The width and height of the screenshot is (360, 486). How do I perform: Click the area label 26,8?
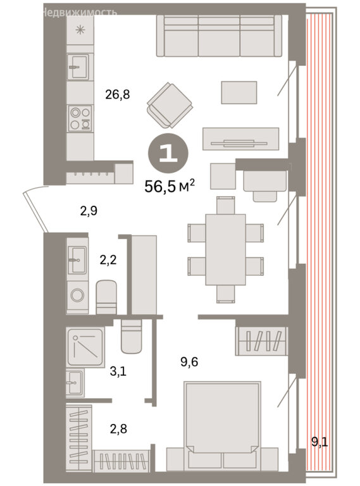(118, 94)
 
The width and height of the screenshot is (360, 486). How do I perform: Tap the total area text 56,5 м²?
(170, 187)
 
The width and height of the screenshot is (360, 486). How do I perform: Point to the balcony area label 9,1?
(320, 442)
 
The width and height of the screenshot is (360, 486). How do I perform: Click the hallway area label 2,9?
(89, 211)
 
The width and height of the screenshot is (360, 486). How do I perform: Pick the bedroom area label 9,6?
(189, 361)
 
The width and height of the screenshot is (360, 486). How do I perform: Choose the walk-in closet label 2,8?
(118, 429)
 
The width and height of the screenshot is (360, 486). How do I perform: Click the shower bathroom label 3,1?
(118, 371)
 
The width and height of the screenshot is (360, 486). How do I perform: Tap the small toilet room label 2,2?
(108, 259)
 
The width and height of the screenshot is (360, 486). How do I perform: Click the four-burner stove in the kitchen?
(80, 118)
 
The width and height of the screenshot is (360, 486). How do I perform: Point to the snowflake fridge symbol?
(80, 30)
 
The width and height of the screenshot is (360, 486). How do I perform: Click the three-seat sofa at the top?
(219, 35)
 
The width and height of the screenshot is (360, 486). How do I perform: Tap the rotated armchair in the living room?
(170, 106)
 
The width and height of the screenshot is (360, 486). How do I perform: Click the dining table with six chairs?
(225, 249)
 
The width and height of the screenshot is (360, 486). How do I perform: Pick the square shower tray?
(85, 347)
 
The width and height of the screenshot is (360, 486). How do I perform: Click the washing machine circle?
(77, 295)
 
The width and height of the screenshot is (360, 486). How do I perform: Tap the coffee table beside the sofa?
(239, 92)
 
